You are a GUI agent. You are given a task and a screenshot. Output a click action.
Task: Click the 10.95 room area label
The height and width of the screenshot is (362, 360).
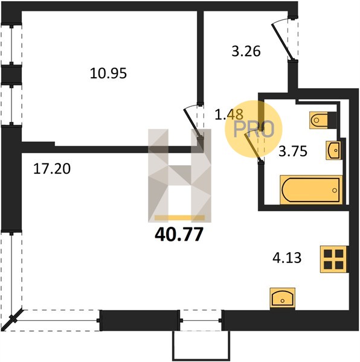coord(108,74)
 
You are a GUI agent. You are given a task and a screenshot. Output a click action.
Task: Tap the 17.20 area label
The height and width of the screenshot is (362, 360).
coord(52,168)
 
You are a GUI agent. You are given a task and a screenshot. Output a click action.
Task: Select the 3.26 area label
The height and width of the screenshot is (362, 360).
coord(246,51)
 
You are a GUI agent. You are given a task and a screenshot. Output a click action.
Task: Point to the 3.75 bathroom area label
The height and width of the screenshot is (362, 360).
coord(293,151)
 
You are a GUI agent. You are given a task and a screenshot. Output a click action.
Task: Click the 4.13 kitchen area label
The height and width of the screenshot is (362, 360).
coord(287,258)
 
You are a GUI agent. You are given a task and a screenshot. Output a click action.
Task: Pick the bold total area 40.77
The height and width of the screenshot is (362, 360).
coord(179,234)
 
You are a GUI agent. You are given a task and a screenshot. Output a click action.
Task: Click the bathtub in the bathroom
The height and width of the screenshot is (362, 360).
coord(311,190)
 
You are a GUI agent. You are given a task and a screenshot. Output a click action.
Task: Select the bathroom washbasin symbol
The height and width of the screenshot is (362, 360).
coord(333,150)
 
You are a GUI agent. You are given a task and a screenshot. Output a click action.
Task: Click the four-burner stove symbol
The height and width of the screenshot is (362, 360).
coord(333,259)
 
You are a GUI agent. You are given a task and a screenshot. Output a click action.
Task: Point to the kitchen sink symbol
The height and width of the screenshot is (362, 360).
coord(282,299)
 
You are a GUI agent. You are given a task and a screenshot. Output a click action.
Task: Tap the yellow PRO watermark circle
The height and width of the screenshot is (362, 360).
coord(254,129)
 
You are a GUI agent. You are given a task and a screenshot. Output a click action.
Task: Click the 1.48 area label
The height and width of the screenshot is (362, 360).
coord(229,114)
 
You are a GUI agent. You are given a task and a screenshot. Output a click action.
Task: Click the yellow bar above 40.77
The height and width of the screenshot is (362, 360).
coord(179,217)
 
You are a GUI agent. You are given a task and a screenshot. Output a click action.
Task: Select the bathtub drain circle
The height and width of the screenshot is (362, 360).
coord(335,190)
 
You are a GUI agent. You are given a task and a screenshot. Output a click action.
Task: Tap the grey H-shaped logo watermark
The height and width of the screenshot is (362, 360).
coord(179,176)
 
